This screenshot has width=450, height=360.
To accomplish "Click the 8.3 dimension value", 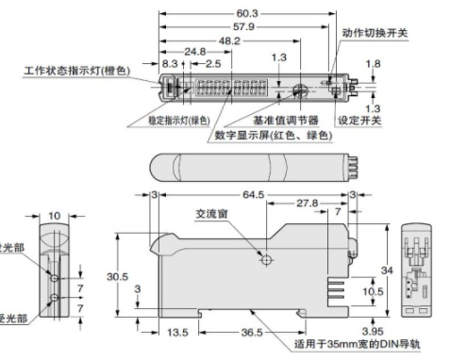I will point(170,64).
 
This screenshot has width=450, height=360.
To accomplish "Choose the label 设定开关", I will point(360,120).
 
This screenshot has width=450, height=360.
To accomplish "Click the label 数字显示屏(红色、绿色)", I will point(274,135).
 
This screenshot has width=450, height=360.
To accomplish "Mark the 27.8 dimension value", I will point(305,205).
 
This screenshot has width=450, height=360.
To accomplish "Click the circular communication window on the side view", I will point(267,260).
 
